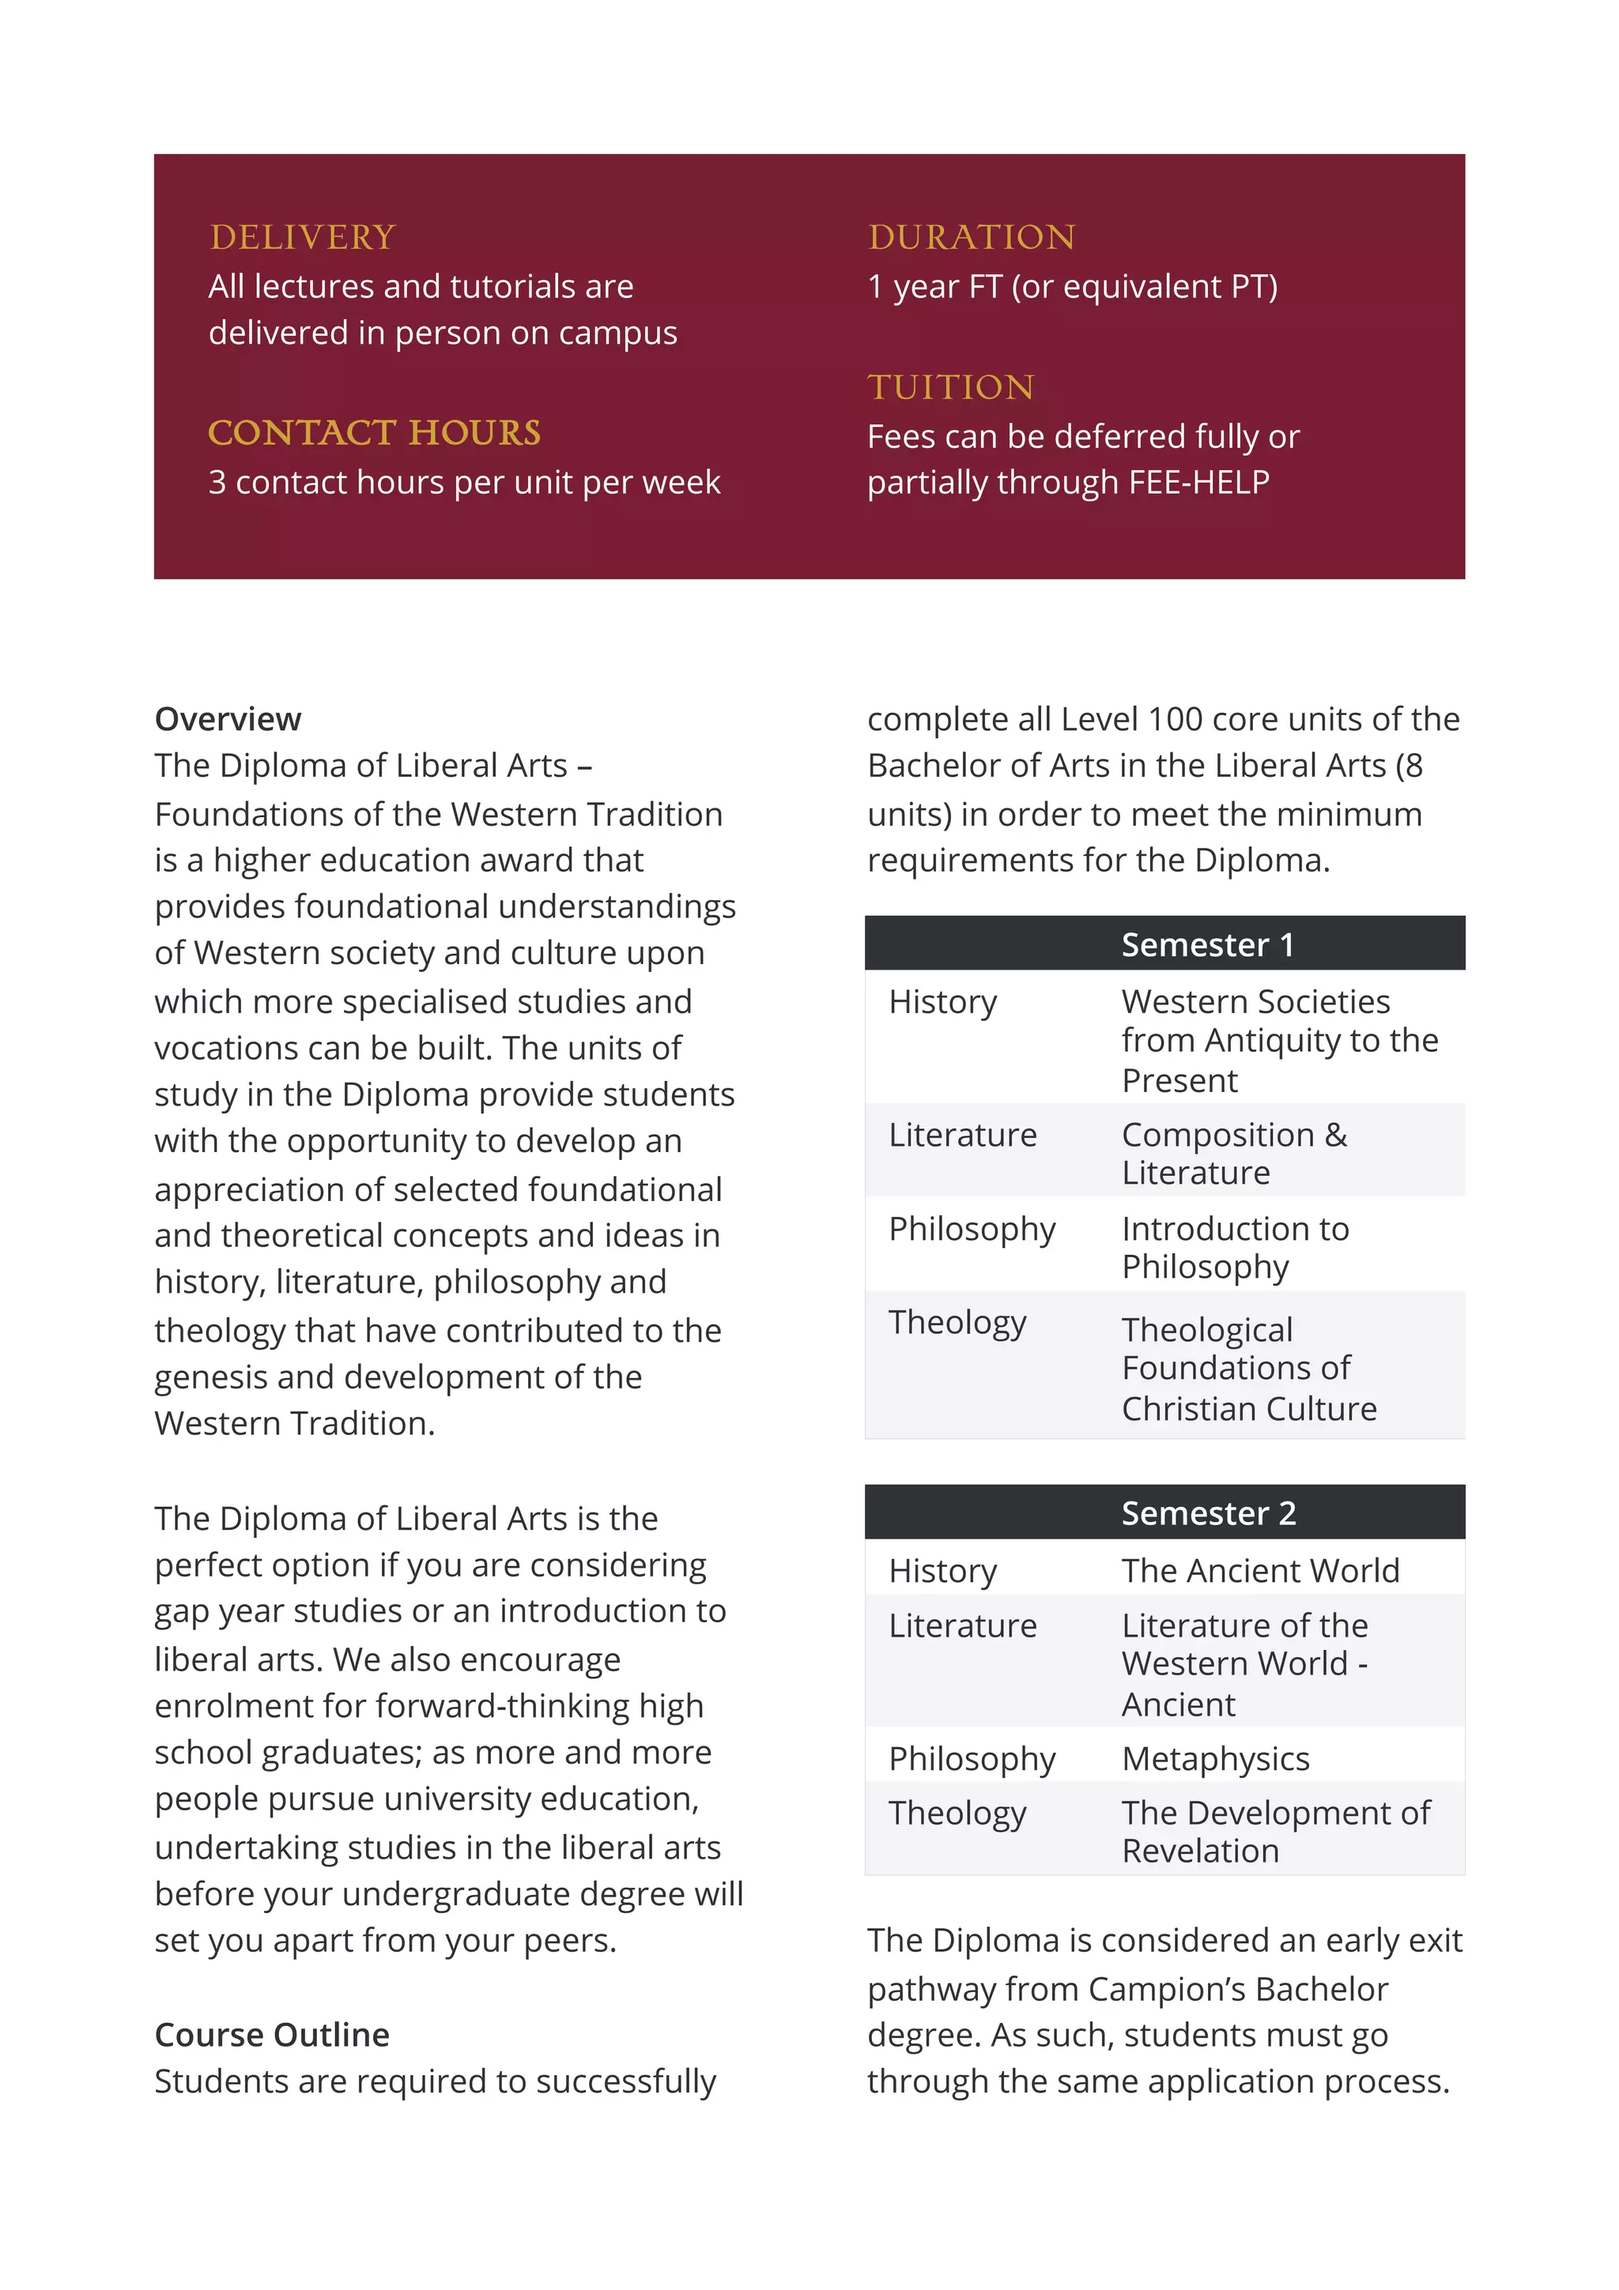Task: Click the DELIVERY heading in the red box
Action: (x=302, y=237)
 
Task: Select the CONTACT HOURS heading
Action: (x=374, y=433)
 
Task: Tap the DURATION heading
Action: (x=972, y=237)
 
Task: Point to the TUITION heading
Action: (x=951, y=387)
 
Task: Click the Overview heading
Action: (x=228, y=719)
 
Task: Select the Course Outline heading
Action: (x=271, y=2035)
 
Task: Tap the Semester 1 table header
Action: (x=1207, y=944)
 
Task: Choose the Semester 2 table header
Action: (x=1208, y=1513)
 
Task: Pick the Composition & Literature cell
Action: (x=1234, y=1154)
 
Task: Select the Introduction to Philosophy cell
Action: (x=1235, y=1248)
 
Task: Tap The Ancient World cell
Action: (x=1260, y=1571)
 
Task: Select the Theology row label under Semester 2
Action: (x=957, y=1814)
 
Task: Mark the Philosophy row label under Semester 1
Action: (x=972, y=1230)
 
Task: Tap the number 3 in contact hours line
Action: (x=217, y=483)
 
